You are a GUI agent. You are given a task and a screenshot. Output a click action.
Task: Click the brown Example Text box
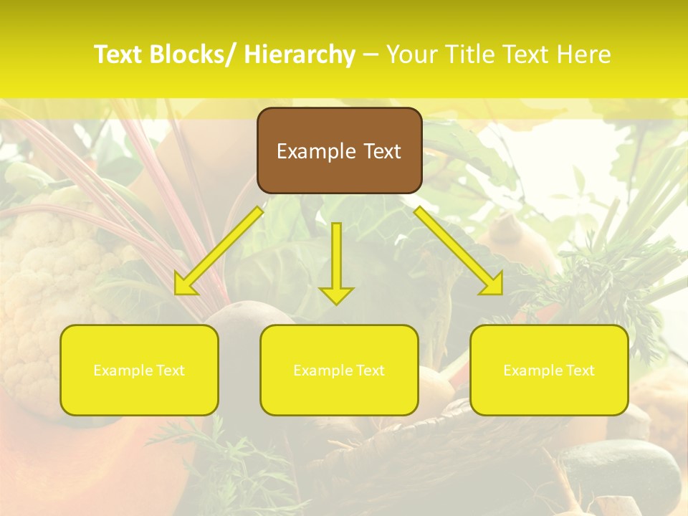(x=339, y=150)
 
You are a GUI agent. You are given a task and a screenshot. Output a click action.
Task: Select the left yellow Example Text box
(x=139, y=370)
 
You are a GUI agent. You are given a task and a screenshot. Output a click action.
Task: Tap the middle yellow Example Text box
(x=339, y=370)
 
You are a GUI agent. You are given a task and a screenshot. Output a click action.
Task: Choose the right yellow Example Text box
(x=549, y=370)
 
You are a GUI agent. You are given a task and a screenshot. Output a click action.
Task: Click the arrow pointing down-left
(x=219, y=251)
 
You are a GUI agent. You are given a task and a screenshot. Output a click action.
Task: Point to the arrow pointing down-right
(x=459, y=251)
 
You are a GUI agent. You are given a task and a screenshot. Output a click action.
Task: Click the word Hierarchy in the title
(x=300, y=55)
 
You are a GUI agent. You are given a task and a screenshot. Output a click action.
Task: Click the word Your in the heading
(x=413, y=55)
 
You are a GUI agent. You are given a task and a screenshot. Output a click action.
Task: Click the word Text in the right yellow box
(x=580, y=370)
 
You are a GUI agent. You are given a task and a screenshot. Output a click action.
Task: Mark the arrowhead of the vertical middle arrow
(x=336, y=295)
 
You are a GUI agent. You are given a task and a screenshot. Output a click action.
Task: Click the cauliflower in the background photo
(x=36, y=287)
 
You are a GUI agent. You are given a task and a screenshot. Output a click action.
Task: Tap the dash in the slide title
(x=370, y=55)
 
